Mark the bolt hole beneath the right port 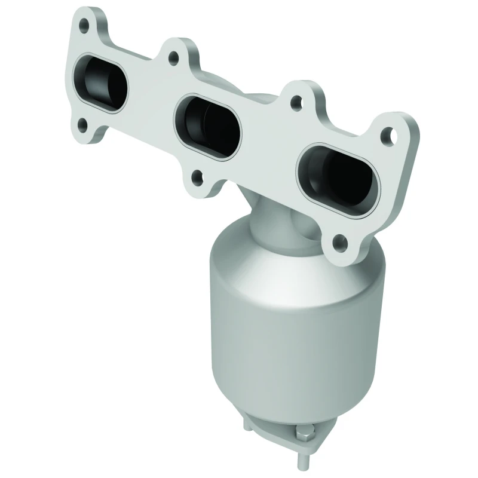pos(339,242)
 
